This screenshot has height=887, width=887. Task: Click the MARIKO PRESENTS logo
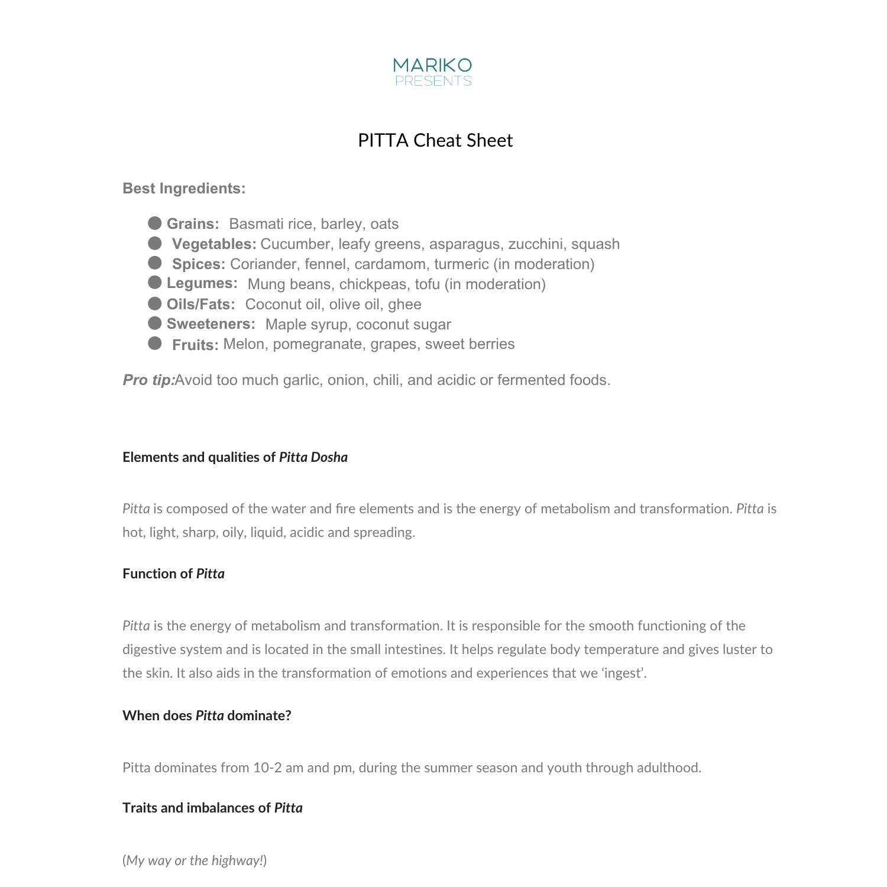point(433,72)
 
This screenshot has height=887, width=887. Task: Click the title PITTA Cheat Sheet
point(435,140)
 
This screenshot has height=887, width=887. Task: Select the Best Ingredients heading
point(184,188)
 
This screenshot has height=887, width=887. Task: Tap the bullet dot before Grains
point(155,223)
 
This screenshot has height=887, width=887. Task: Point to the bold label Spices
point(198,264)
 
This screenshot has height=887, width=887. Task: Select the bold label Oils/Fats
point(200,305)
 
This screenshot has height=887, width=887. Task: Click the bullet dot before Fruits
point(155,344)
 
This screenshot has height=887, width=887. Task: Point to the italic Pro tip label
point(148,380)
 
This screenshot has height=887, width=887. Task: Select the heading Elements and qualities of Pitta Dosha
point(235,457)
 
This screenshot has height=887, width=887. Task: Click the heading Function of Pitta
point(173,574)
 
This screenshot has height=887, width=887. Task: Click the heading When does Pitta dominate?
point(206,716)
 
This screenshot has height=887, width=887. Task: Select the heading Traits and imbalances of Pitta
point(212,808)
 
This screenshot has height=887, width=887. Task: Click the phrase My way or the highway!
point(195,860)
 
